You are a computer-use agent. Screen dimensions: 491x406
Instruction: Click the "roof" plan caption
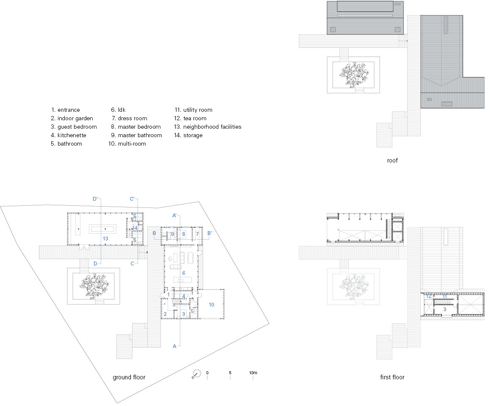[x=392, y=160]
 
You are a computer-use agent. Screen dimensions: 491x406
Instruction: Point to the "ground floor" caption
[x=129, y=377]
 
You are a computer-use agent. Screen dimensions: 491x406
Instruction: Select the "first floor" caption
[x=392, y=377]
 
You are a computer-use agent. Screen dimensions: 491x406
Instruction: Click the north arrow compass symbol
[x=196, y=374]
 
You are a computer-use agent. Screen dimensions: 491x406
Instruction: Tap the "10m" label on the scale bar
[x=253, y=373]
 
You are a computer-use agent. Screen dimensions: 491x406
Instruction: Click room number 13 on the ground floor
[x=105, y=239]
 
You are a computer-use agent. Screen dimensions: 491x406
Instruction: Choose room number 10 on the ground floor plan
[x=211, y=304]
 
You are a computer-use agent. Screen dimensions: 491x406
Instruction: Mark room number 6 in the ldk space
[x=184, y=273]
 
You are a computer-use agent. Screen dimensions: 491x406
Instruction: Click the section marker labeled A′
[x=175, y=215]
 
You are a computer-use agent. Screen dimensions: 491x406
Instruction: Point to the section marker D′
[x=96, y=199]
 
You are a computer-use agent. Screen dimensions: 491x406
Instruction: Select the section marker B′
[x=210, y=233]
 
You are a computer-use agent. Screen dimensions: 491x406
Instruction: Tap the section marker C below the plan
[x=132, y=264]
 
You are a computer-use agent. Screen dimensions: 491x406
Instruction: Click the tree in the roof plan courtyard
[x=354, y=74]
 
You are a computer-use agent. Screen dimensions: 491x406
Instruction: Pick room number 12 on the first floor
[x=429, y=296]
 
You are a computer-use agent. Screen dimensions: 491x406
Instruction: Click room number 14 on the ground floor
[x=135, y=228]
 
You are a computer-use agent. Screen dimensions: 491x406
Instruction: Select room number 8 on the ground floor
[x=184, y=234]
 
